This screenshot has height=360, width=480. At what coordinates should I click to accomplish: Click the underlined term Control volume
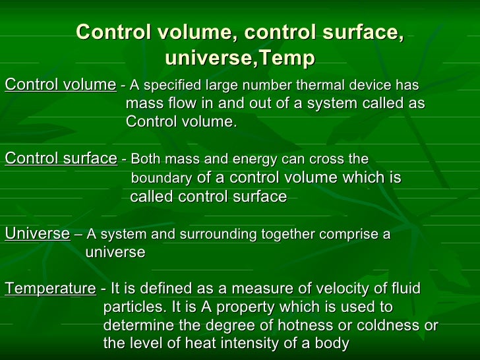60,85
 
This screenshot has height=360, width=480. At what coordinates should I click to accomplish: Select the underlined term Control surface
61,159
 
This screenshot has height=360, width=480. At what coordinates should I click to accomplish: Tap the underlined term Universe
37,233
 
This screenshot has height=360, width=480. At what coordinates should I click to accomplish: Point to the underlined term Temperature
50,289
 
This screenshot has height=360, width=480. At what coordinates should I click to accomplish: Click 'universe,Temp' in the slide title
239,59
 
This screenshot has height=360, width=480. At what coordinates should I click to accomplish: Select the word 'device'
372,86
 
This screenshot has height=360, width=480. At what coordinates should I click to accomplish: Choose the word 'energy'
258,160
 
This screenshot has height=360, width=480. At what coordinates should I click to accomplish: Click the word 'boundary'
162,179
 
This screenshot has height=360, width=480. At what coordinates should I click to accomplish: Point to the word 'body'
332,344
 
